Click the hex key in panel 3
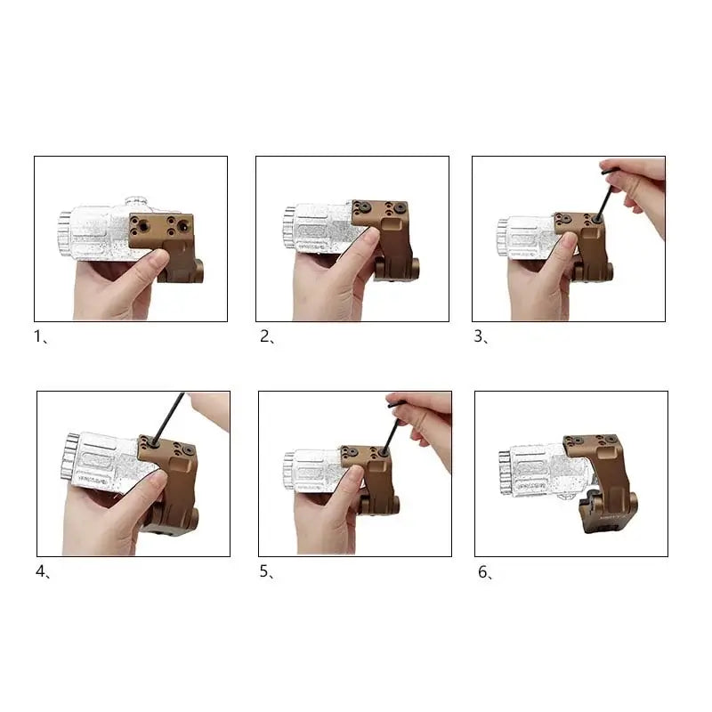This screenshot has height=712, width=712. (605, 195)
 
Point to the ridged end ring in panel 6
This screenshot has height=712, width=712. (506, 473)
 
